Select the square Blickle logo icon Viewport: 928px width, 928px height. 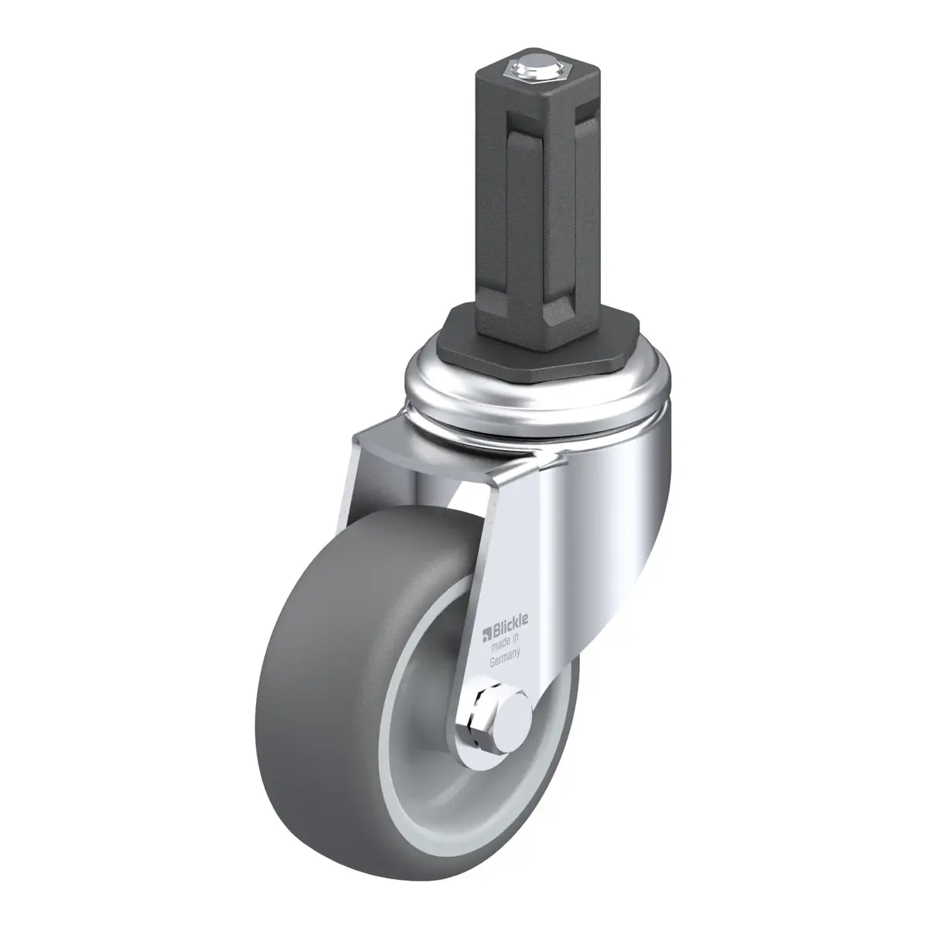(486, 633)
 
